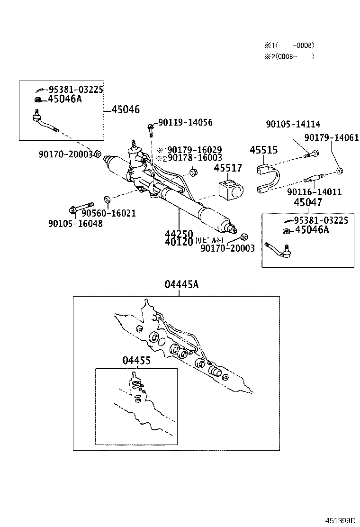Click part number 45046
pyautogui.click(x=126, y=109)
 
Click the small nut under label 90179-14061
pyautogui.click(x=340, y=171)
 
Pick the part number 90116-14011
pyautogui.click(x=314, y=192)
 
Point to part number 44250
pyautogui.click(x=179, y=234)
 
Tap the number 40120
pyautogui.click(x=179, y=242)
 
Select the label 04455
pyautogui.click(x=136, y=360)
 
